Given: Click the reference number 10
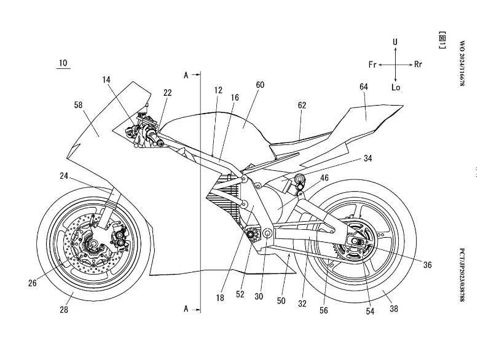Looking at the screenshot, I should coord(64,63).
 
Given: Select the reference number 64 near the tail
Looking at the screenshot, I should coord(364,87).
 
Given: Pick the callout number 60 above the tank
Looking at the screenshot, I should coord(260,85).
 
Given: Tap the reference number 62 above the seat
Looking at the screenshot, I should coord(302,106).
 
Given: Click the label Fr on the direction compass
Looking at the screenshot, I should coord(372,65).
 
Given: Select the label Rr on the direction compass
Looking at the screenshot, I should coord(418,65).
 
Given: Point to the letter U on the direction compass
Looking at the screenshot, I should coord(396,42).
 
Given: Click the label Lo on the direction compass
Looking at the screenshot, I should coord(396,87).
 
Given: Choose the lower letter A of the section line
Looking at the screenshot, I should coord(185,306).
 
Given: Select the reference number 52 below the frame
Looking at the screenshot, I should coord(240,294).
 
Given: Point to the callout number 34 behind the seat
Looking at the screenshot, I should coord(367,158).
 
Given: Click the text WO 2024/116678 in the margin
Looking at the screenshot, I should coord(462,64).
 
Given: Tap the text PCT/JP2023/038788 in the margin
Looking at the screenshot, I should coord(462,274).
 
